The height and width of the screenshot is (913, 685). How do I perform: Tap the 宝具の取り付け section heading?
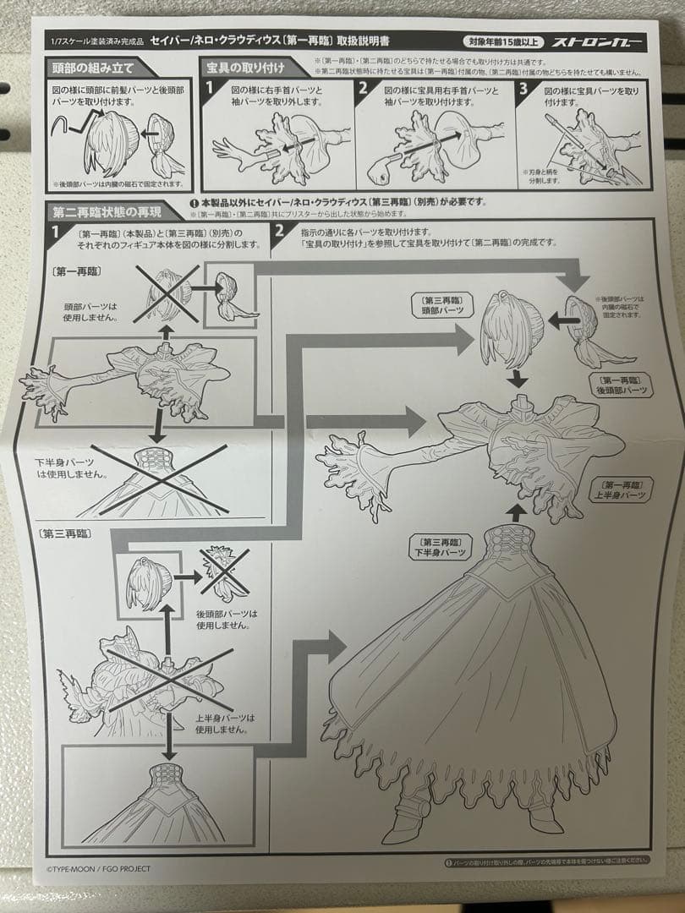(245, 67)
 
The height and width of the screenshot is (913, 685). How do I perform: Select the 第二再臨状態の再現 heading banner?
(106, 212)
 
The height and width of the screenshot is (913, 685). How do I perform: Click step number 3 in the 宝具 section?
(524, 88)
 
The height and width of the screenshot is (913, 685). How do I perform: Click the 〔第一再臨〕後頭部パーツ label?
(621, 385)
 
